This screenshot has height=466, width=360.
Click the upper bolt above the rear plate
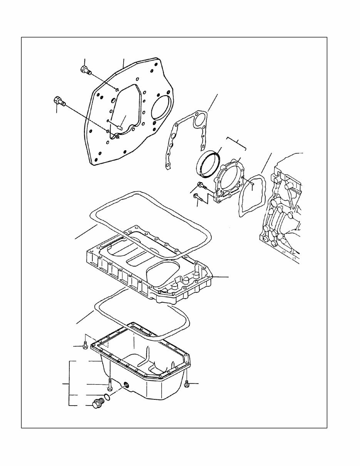coord(85,70)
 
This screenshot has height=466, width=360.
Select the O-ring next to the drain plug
coord(109,397)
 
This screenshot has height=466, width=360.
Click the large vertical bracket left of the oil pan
coord(69,384)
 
